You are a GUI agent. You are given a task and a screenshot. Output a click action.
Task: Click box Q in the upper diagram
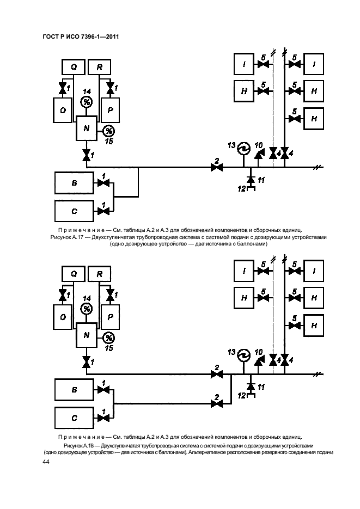74,67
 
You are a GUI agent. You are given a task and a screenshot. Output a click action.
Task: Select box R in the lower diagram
99,274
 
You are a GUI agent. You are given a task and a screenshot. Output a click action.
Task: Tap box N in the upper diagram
86,128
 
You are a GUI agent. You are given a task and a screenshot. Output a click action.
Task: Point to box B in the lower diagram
74,390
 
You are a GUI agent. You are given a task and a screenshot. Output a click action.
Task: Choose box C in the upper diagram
74,211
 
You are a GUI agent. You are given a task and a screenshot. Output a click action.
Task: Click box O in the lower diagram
63,317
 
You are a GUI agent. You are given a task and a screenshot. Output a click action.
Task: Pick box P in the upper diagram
111,111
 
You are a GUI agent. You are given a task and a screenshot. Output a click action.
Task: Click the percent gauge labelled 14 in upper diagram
87,102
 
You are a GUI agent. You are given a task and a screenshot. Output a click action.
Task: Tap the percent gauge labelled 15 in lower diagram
109,338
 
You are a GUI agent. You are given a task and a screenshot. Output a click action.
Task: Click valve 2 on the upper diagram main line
217,168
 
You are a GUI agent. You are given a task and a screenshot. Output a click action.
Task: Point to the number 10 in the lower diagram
258,352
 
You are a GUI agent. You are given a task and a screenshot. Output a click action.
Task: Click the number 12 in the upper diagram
241,188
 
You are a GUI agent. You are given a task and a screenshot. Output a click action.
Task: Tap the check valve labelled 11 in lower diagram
251,386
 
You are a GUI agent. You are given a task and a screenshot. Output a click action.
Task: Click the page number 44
46,462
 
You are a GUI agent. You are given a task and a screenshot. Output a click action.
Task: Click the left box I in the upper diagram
244,64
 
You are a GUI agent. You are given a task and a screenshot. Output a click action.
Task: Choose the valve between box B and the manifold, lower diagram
103,390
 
